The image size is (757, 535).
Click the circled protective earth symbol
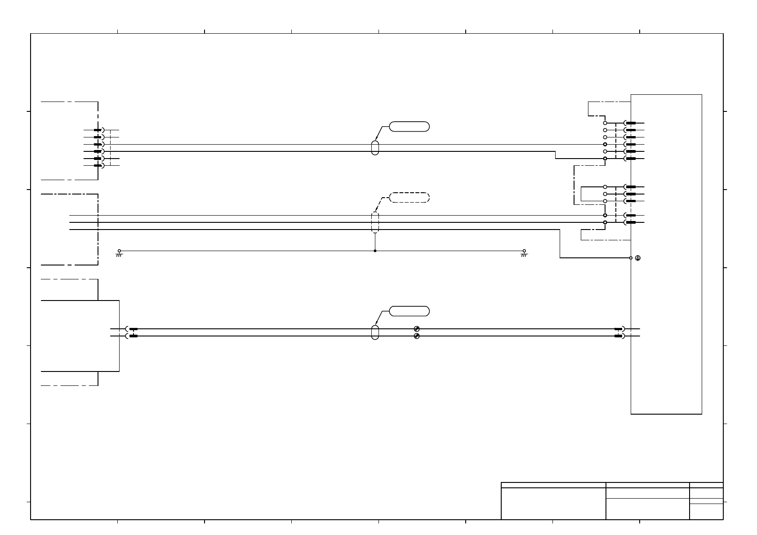point(638,258)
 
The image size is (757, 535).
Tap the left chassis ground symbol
point(119,253)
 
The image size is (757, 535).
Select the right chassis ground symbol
point(524,253)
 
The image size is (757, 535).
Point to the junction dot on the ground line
point(375,251)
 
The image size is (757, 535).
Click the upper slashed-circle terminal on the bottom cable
point(417,329)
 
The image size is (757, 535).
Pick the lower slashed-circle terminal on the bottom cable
point(417,336)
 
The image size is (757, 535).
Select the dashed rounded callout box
point(409,197)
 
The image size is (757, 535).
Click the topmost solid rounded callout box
point(409,126)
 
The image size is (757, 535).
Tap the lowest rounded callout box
point(409,311)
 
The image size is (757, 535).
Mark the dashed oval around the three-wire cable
point(375,222)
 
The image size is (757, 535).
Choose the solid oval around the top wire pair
point(375,148)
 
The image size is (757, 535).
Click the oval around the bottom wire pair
point(375,332)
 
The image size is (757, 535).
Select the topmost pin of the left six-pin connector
point(98,130)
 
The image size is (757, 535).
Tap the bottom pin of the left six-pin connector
point(98,166)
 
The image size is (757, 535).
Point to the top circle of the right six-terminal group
point(605,123)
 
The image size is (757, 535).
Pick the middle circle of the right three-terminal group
point(605,194)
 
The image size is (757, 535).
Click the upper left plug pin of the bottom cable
point(133,329)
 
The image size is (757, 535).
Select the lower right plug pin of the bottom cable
point(619,336)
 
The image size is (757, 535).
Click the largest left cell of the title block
point(553,504)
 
